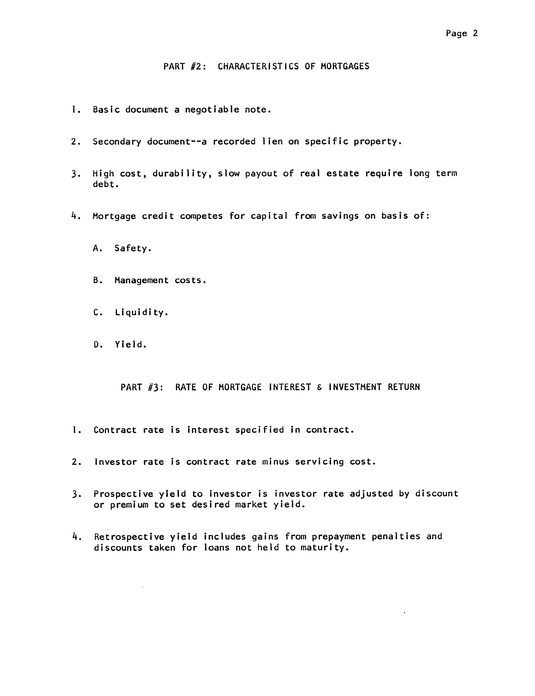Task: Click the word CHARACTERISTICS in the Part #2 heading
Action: pos(258,66)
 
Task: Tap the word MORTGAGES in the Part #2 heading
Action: pos(345,66)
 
